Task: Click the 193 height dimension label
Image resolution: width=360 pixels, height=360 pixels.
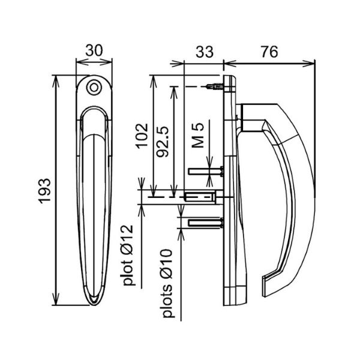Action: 44,191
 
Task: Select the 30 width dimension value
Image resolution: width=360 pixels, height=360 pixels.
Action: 94,50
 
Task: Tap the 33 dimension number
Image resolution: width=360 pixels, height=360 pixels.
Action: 205,52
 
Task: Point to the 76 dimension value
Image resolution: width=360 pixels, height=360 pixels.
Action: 269,52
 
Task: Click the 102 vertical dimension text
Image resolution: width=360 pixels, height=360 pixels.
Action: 142,136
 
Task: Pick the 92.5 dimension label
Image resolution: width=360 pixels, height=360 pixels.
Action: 163,141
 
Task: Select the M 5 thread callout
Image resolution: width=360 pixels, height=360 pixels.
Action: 197,135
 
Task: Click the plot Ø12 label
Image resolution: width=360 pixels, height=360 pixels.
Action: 128,255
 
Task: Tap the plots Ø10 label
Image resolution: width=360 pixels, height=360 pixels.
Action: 167,283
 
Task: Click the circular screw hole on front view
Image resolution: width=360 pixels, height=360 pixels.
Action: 94,88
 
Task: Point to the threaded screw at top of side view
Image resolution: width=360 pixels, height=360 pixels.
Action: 215,87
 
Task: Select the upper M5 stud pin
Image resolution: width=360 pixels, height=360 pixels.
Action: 206,171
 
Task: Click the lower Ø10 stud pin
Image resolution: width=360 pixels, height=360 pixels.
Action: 206,223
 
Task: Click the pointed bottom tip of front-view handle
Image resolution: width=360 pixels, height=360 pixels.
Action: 94,305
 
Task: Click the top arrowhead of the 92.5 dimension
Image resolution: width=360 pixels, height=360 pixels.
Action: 174,92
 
